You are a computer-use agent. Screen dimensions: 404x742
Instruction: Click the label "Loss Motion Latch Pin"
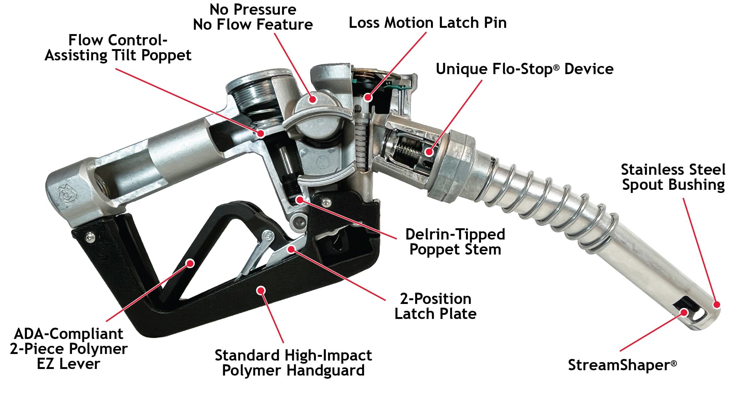(427, 23)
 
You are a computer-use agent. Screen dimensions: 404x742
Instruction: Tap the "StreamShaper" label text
(622, 365)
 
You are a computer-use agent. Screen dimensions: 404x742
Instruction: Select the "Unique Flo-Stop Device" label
(525, 69)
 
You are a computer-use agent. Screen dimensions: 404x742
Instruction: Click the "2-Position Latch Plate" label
(435, 306)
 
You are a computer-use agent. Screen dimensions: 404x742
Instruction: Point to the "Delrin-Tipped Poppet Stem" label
(455, 242)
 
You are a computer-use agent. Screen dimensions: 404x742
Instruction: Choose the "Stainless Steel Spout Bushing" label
(673, 177)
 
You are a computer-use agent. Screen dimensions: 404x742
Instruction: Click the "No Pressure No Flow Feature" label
(253, 17)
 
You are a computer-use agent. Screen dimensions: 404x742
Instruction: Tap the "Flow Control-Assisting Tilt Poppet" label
(118, 48)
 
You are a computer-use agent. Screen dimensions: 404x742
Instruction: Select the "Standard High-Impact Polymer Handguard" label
(293, 363)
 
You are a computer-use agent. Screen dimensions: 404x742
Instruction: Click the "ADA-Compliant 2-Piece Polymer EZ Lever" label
(69, 349)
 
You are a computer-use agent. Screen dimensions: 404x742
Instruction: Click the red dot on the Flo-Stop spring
(429, 152)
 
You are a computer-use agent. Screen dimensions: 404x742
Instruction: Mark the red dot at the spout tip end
(716, 304)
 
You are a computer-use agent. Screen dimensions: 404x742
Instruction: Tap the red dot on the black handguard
(261, 290)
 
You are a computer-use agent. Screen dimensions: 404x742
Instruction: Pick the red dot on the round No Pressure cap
(312, 99)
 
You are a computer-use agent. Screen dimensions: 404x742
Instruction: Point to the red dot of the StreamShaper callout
(684, 312)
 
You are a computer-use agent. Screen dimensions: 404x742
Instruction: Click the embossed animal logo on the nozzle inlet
(67, 194)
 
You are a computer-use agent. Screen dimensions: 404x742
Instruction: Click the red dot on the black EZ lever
(190, 263)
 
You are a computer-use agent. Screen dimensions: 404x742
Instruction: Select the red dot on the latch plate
(291, 249)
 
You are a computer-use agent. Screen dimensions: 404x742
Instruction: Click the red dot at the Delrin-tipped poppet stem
(299, 199)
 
